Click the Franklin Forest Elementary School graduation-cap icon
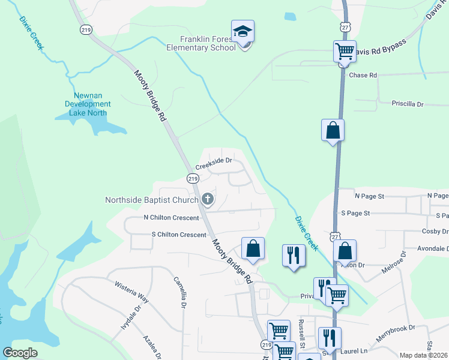click(x=243, y=31)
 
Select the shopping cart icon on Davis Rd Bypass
click(x=345, y=52)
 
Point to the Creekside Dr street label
click(x=214, y=161)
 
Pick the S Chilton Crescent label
click(x=179, y=235)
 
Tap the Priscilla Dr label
click(x=407, y=104)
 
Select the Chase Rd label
click(x=363, y=76)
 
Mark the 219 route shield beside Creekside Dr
click(x=192, y=178)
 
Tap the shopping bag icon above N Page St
click(x=333, y=131)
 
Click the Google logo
click(x=20, y=353)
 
